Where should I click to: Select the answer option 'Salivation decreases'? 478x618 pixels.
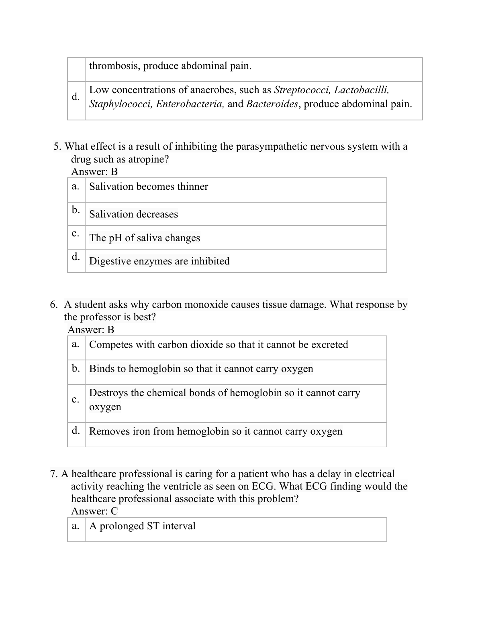pyautogui.click(x=133, y=214)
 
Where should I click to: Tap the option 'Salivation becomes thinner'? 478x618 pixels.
pyautogui.click(x=149, y=187)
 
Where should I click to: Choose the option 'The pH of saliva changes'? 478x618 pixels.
pyautogui.click(x=145, y=238)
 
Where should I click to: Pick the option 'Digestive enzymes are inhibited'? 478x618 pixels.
pyautogui.click(x=159, y=261)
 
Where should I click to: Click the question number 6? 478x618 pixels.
pyautogui.click(x=53, y=305)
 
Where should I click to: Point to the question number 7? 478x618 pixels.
pyautogui.click(x=53, y=474)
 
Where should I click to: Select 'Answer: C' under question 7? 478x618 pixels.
pyautogui.click(x=94, y=511)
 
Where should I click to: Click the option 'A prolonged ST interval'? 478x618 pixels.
pyautogui.click(x=142, y=526)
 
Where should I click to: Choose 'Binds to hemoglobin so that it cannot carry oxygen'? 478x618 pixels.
pyautogui.click(x=201, y=369)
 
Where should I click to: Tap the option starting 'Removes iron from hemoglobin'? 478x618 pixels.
pyautogui.click(x=216, y=431)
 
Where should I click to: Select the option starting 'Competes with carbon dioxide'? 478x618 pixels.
pyautogui.click(x=219, y=345)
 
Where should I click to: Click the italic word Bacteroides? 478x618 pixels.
pyautogui.click(x=272, y=104)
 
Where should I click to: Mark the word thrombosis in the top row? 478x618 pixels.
pyautogui.click(x=113, y=66)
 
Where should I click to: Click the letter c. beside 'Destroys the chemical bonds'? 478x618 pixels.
pyautogui.click(x=76, y=400)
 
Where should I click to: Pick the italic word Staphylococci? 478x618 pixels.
pyautogui.click(x=121, y=104)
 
